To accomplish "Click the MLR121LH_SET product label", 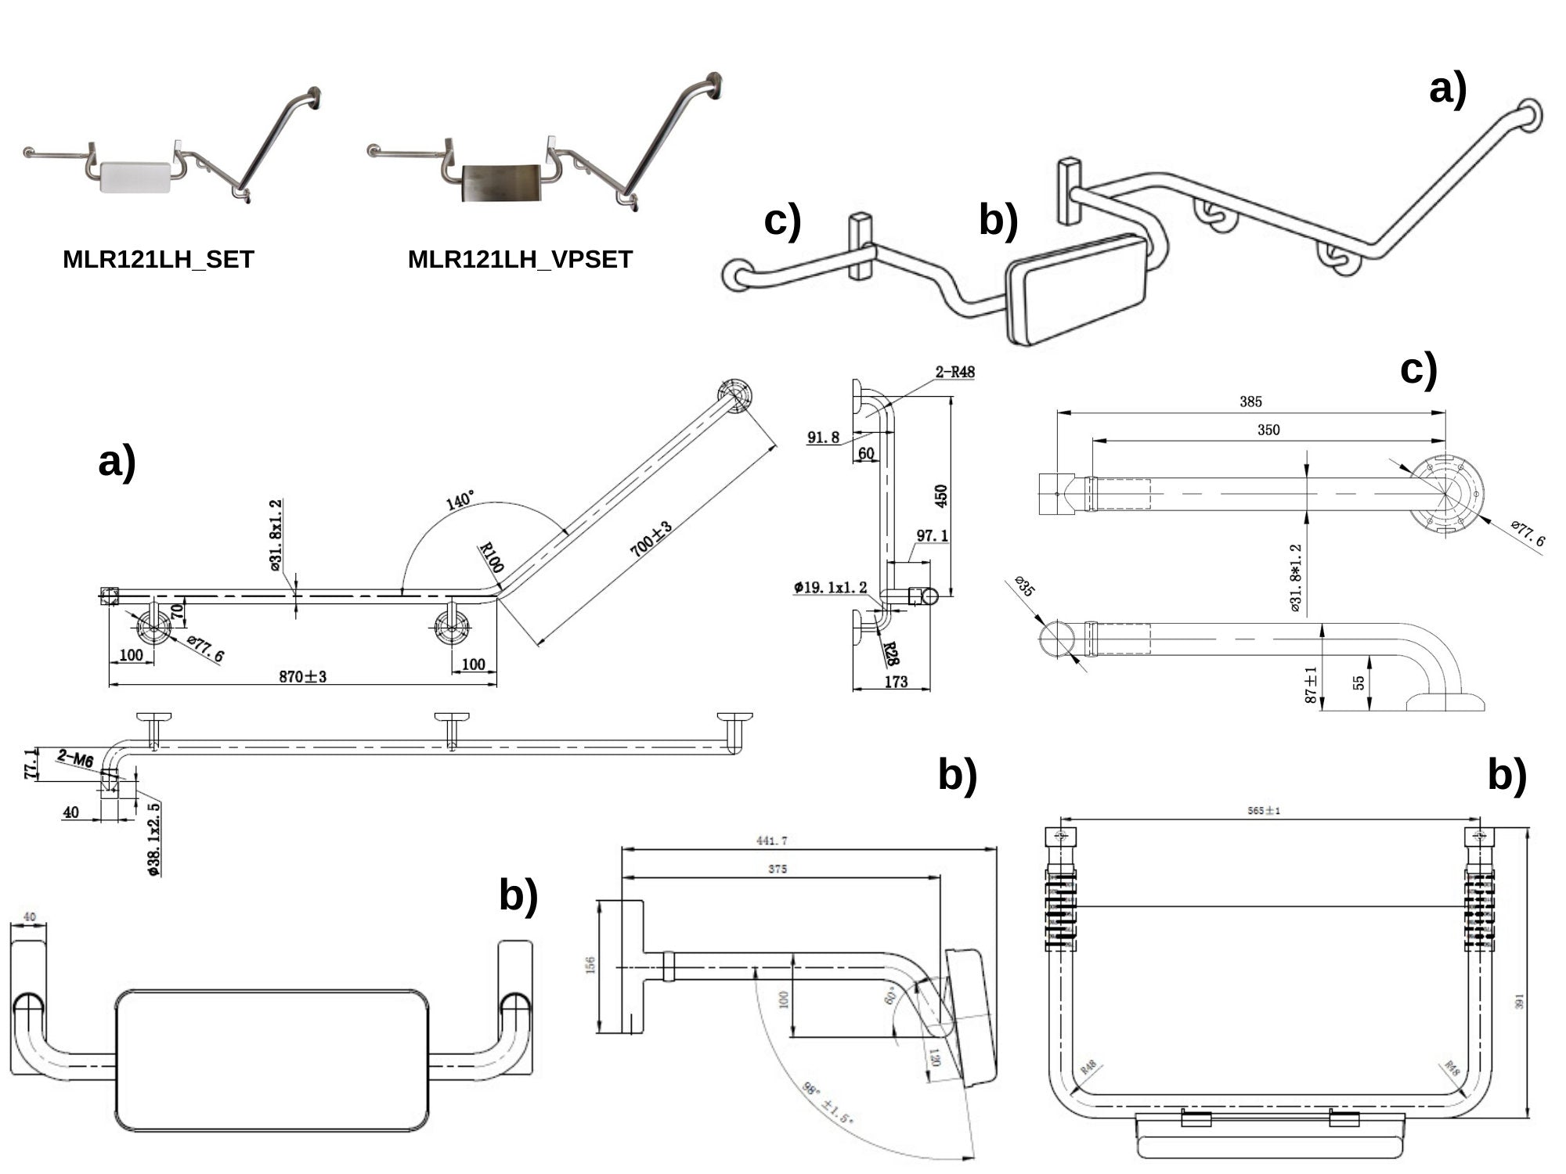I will tap(158, 259).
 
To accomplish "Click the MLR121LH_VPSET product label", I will tap(520, 259).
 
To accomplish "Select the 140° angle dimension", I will tap(460, 501).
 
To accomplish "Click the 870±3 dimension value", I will tap(302, 676).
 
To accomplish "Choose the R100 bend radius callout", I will tap(492, 557).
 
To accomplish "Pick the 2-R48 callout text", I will tap(954, 372).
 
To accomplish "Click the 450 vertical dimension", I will tap(941, 495).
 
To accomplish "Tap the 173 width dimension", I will tap(895, 682).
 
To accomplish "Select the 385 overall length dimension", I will tap(1250, 402).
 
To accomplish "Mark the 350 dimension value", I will tap(1268, 430).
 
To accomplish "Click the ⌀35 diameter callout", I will tap(1024, 586).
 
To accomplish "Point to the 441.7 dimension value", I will tap(772, 841).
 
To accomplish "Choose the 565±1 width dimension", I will tap(1264, 811).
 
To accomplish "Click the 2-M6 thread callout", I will tap(75, 758).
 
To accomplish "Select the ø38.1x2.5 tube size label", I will tap(155, 839).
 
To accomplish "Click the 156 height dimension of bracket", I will tap(590, 966).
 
